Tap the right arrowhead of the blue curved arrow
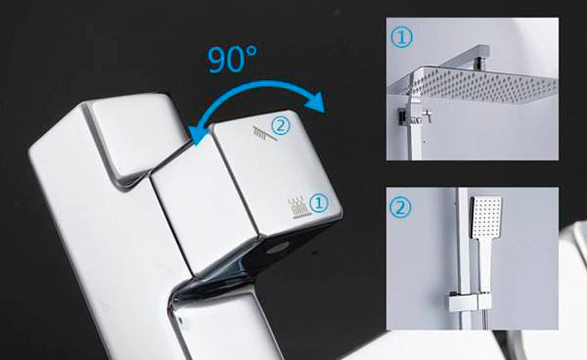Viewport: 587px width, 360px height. (x=316, y=101)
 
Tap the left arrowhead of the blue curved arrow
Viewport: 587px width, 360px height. (x=197, y=136)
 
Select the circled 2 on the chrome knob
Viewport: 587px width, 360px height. (x=280, y=126)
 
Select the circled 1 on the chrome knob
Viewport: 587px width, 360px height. (x=318, y=204)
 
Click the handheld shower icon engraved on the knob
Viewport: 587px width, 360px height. (x=265, y=133)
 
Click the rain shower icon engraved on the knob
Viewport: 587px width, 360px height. (x=299, y=207)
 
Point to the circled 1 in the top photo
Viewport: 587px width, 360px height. (x=401, y=37)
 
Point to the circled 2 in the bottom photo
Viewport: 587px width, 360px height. (x=401, y=207)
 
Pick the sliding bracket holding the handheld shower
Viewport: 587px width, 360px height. (x=469, y=302)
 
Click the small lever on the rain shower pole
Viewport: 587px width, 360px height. (x=426, y=114)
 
